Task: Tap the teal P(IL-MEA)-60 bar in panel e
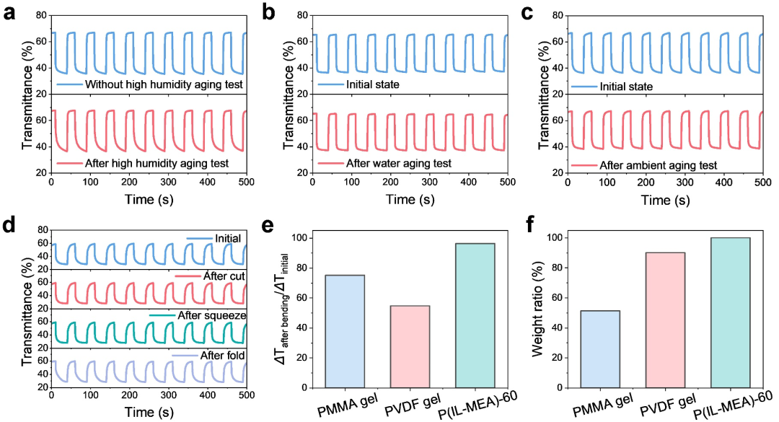click(x=475, y=315)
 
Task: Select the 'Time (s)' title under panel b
click(x=410, y=201)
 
